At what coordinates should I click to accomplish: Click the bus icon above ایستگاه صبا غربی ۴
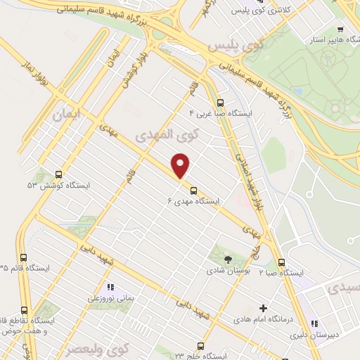[x=220, y=101]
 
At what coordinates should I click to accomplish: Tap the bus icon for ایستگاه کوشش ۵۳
[x=58, y=174]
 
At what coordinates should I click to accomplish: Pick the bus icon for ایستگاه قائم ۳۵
[x=25, y=257]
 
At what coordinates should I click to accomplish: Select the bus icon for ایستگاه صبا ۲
[x=281, y=260]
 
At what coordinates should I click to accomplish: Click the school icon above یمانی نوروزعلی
[x=110, y=287]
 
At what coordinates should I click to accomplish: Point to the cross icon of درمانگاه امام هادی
[x=264, y=308]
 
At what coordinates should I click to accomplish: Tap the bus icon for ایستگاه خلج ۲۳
[x=200, y=345]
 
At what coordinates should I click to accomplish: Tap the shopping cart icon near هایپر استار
[x=340, y=30]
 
